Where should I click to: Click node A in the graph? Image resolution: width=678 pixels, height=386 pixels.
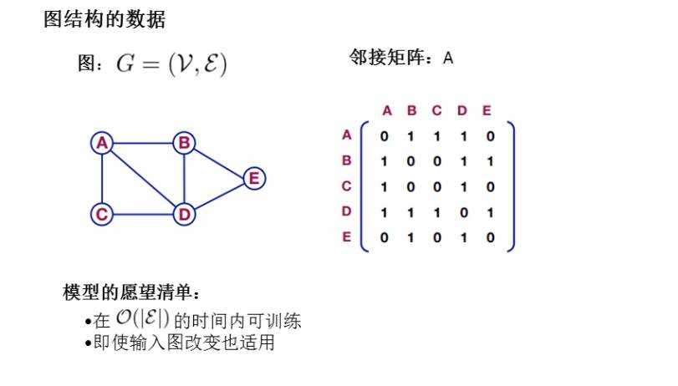102,143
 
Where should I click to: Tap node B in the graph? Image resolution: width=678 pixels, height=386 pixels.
184,143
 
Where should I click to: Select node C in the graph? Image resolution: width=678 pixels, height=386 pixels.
102,215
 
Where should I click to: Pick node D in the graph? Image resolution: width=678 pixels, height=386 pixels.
184,215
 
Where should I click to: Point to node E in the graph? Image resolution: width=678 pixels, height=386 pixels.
254,178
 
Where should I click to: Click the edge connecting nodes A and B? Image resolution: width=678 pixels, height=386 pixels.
143,143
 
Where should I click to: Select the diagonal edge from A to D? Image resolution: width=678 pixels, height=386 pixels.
143,179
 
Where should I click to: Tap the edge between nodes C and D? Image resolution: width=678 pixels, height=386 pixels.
143,215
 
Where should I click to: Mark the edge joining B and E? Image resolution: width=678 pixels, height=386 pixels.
219,160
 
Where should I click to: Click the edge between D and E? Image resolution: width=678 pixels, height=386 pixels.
219,196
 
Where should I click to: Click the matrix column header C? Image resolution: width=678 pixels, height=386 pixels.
436,110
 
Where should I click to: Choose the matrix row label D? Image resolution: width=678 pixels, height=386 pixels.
347,211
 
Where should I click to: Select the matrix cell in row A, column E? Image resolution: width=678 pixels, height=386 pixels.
490,135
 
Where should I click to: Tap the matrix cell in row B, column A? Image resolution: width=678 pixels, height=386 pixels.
384,160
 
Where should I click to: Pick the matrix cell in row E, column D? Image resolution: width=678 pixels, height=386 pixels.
463,237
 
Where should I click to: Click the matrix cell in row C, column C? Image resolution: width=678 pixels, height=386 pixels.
436,186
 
